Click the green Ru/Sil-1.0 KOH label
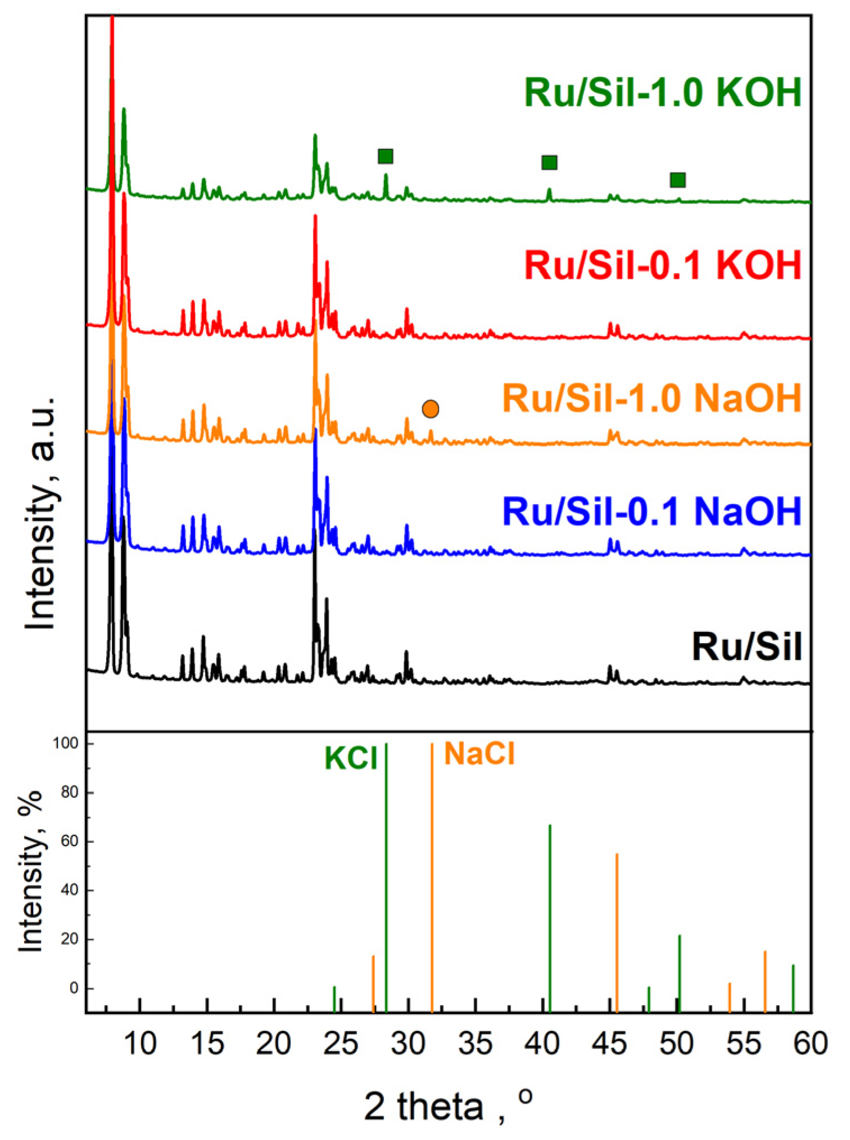(663, 93)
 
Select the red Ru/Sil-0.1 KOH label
(663, 265)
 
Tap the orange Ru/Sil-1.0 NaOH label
(652, 399)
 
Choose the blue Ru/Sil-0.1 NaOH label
(652, 511)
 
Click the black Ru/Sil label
(746, 647)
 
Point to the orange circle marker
(431, 409)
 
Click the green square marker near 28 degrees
(386, 156)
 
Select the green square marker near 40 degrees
(549, 163)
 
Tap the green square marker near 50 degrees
(678, 180)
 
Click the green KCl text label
(351, 758)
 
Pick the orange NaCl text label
(480, 753)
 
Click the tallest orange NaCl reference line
(432, 877)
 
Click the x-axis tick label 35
(476, 1043)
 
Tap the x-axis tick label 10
(140, 1043)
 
